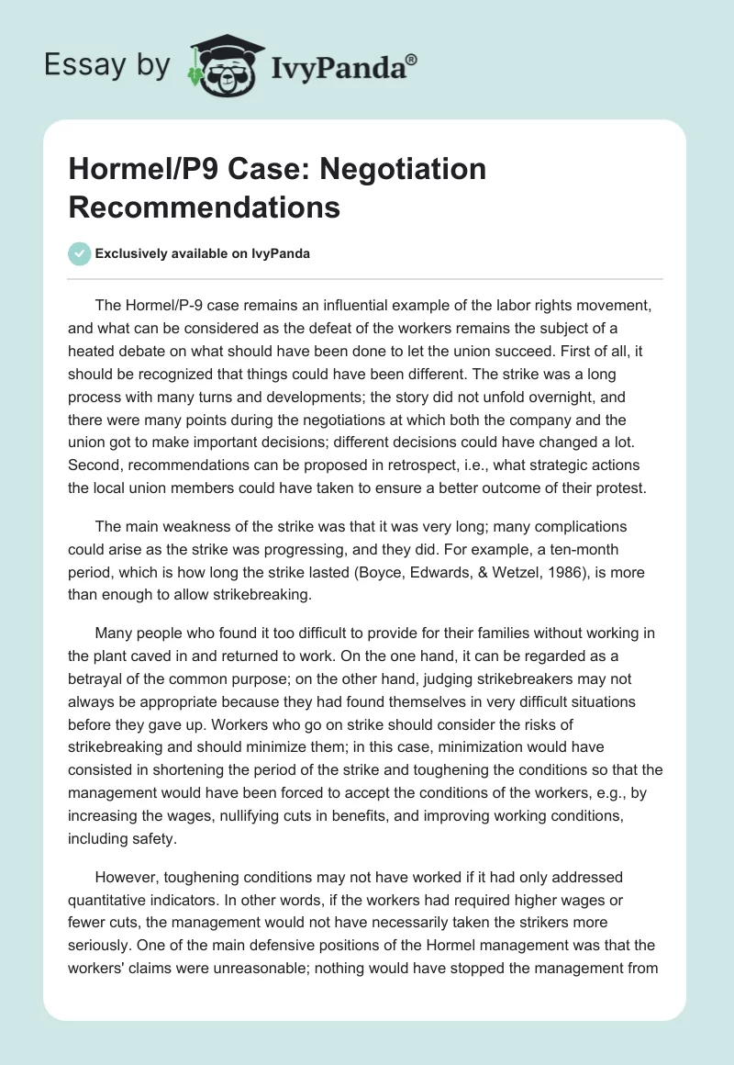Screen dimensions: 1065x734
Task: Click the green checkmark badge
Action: pyautogui.click(x=80, y=253)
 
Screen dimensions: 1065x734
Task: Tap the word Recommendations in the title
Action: pyautogui.click(x=204, y=207)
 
